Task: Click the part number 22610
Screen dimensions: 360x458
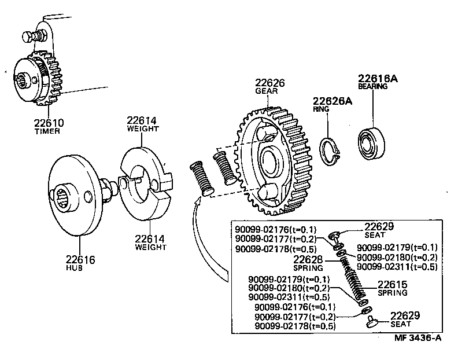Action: (x=49, y=123)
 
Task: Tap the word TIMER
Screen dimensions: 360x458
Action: (x=49, y=132)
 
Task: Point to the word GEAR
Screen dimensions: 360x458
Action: (x=264, y=91)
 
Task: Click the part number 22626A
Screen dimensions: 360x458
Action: (x=333, y=101)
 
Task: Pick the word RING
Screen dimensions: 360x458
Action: (x=321, y=109)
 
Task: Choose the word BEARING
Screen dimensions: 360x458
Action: (x=372, y=86)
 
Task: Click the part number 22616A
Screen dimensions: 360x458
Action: (x=378, y=78)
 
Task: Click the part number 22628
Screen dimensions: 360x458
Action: (x=308, y=259)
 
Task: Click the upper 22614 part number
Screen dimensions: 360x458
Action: (x=142, y=120)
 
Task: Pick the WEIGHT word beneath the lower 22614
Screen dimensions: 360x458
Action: (x=150, y=247)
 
